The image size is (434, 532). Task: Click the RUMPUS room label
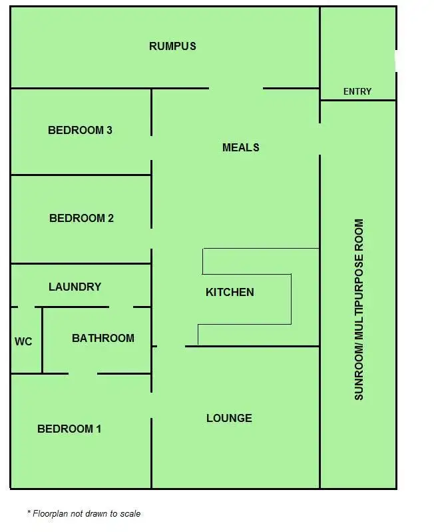point(172,46)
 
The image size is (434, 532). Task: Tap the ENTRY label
point(357,91)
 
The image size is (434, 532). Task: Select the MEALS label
point(240,147)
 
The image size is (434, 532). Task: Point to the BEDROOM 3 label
point(80,130)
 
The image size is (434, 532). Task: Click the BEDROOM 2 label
point(81,218)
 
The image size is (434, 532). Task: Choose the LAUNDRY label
point(75,287)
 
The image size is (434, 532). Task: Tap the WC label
point(23,341)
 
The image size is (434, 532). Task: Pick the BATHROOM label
point(103,338)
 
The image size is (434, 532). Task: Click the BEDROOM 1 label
point(69,429)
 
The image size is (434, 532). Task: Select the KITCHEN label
point(230,292)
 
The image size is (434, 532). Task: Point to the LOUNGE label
point(229,418)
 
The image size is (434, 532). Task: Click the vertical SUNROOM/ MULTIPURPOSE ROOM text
point(359,309)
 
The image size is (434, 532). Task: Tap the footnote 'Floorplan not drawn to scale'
point(84,513)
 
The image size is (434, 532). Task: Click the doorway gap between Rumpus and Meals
point(236,88)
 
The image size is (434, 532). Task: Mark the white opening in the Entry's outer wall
point(396,61)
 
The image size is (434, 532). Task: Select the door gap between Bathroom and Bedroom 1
point(83,373)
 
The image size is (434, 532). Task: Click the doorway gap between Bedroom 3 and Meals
point(152,147)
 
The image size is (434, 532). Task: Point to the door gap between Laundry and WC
point(26,307)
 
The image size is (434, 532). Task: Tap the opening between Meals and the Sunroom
point(320,139)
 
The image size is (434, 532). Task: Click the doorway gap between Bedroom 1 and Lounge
point(152,405)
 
